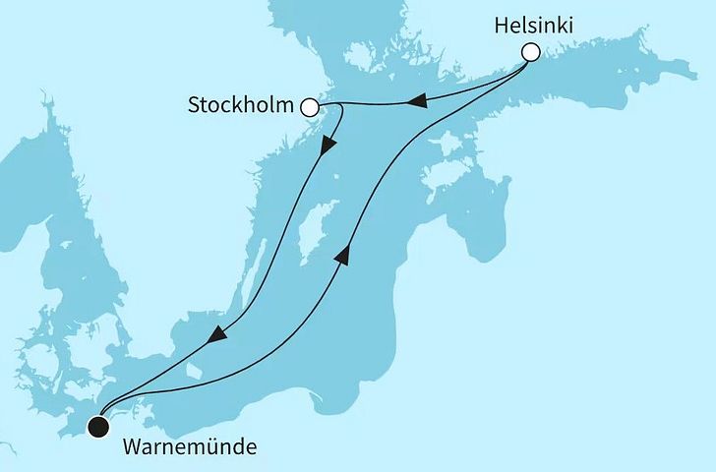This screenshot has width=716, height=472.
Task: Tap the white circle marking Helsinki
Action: tap(531, 53)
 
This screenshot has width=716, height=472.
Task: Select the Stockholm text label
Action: tap(242, 106)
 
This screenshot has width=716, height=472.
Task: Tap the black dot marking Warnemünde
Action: tap(96, 426)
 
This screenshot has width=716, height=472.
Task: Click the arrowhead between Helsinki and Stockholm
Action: tap(417, 100)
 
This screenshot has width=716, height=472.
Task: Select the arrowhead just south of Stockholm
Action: tap(329, 146)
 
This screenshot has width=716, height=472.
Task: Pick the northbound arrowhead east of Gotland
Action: tap(343, 256)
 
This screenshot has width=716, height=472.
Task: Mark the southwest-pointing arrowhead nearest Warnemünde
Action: tap(218, 337)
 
